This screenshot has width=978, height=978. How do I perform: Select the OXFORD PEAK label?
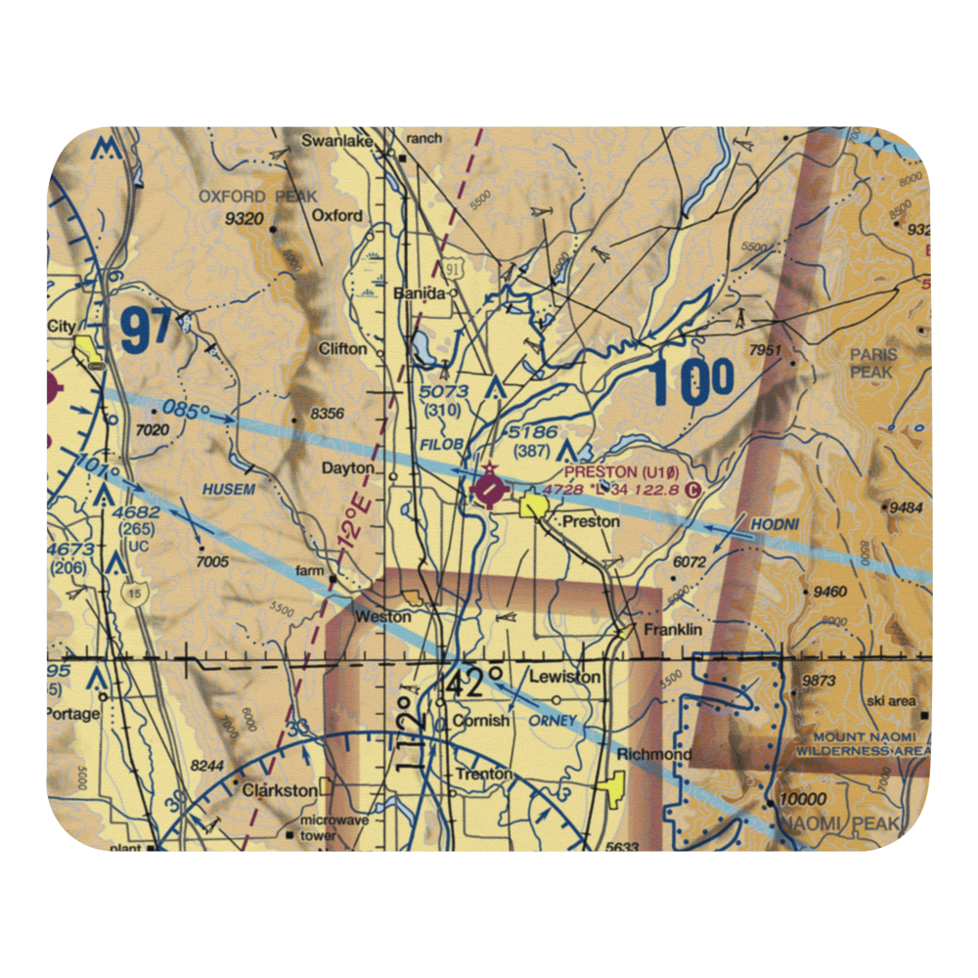click(245, 196)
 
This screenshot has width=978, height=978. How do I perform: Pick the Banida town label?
click(419, 293)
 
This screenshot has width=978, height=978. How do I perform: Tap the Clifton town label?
click(342, 348)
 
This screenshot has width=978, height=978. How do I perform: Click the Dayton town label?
click(348, 468)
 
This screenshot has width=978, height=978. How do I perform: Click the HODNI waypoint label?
click(775, 525)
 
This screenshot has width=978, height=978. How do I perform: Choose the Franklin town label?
click(672, 631)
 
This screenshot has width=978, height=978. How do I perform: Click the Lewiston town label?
click(564, 677)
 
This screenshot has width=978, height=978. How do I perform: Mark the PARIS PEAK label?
click(871, 365)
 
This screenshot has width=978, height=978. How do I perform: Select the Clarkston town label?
click(280, 789)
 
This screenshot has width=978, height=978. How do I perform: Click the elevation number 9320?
click(244, 219)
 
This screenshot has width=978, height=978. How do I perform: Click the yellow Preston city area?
click(534, 506)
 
